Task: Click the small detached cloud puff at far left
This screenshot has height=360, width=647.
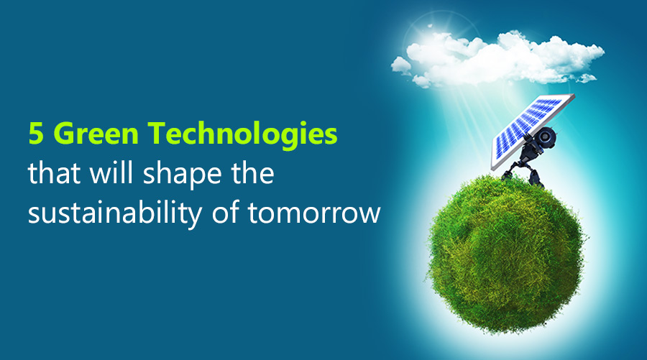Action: pyautogui.click(x=400, y=65)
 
